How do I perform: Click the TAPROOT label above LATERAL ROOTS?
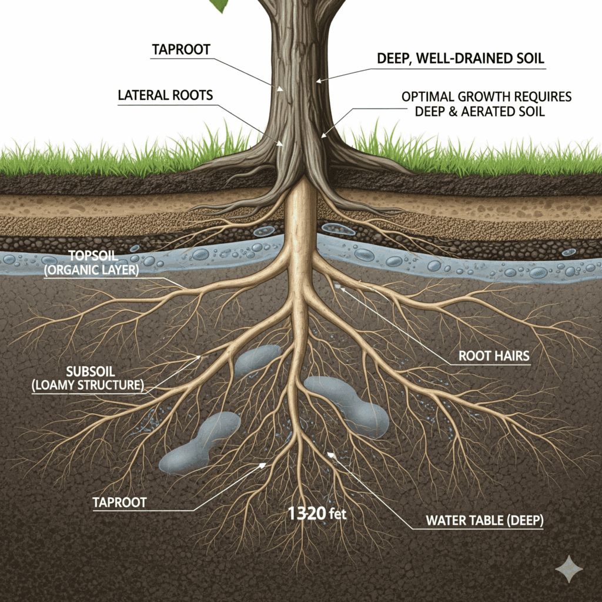point(180,50)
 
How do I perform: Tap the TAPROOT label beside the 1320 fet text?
point(121,503)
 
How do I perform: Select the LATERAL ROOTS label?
point(165,95)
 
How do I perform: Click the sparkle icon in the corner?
point(569,568)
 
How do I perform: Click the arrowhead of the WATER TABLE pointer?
point(330,453)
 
